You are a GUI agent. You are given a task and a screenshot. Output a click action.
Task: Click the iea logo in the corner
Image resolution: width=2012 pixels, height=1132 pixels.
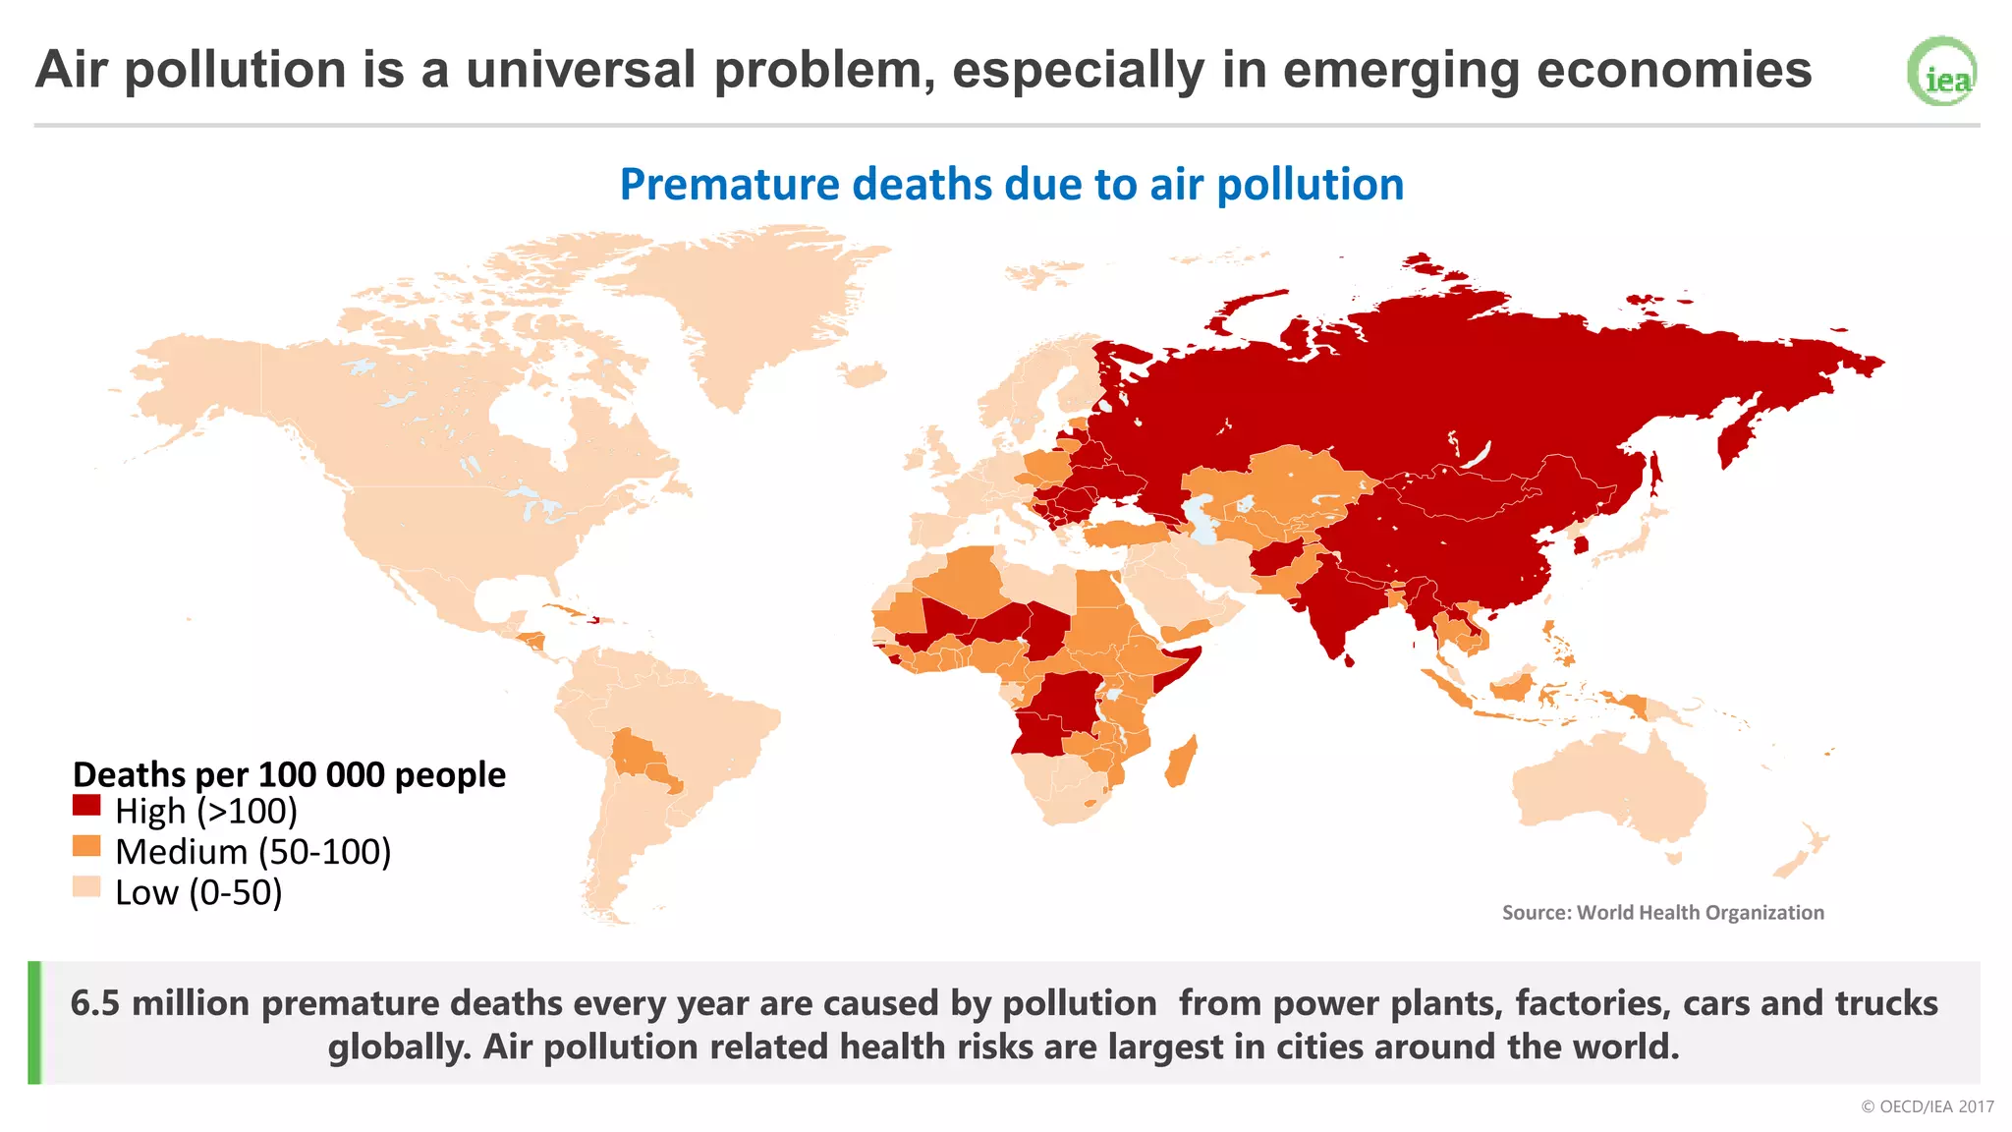1942,72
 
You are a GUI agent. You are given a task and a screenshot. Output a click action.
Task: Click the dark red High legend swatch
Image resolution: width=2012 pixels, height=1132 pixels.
86,806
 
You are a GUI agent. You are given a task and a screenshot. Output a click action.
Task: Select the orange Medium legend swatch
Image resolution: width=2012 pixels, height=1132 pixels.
86,846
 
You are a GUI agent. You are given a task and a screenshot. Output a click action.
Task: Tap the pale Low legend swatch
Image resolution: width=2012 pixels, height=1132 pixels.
86,887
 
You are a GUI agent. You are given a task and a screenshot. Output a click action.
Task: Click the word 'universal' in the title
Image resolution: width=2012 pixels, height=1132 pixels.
581,71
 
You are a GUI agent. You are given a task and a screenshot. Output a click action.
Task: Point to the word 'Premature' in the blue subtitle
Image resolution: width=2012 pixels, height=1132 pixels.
729,185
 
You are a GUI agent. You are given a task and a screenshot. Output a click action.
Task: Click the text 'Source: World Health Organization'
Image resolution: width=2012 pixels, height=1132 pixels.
1662,913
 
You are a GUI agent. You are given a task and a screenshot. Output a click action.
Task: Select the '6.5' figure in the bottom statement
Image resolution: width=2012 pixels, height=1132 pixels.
95,1003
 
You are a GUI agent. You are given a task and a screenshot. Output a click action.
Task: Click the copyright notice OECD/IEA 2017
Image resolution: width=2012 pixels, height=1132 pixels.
1927,1106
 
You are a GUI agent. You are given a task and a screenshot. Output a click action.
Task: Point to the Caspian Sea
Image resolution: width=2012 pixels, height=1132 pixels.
1201,521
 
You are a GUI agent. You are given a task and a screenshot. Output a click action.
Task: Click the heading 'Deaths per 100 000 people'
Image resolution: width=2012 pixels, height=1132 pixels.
289,775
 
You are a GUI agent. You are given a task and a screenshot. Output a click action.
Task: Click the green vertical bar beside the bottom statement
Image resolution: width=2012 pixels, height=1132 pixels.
34,1023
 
